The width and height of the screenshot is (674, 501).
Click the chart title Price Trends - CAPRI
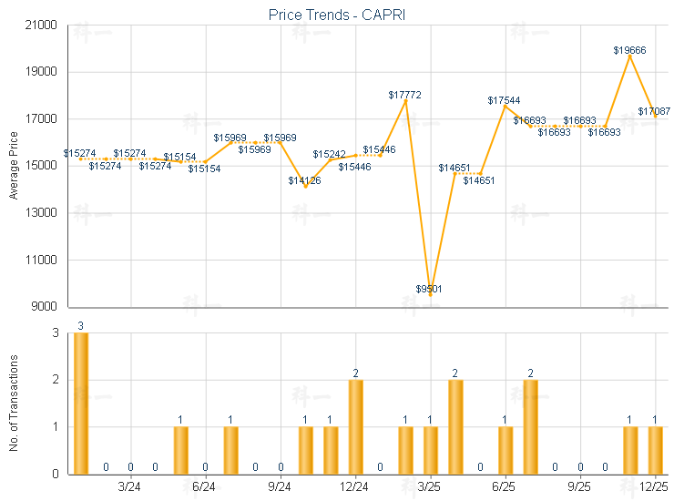click(337, 15)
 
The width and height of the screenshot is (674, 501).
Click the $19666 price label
click(629, 50)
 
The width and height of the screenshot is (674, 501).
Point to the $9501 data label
click(429, 289)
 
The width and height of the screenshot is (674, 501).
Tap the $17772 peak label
click(404, 95)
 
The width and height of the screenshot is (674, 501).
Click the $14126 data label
click(305, 180)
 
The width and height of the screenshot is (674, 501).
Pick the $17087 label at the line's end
click(654, 111)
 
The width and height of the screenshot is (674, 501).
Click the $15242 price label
click(330, 155)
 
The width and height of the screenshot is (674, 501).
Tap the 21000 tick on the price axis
click(44, 26)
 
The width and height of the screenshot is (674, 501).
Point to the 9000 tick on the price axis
click(46, 307)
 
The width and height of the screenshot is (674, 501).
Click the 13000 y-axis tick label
click(44, 213)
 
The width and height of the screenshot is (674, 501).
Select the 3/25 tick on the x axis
click(429, 488)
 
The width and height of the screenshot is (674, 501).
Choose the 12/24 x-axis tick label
click(354, 488)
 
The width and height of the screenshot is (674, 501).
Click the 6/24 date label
click(205, 488)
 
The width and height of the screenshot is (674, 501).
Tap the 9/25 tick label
click(579, 488)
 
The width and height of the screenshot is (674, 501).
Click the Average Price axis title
click(13, 166)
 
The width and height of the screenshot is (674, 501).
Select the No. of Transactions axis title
click(13, 404)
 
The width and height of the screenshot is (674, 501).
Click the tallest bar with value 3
click(81, 403)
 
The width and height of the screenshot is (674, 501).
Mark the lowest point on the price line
click(430, 294)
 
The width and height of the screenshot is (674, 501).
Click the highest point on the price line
click(629, 56)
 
